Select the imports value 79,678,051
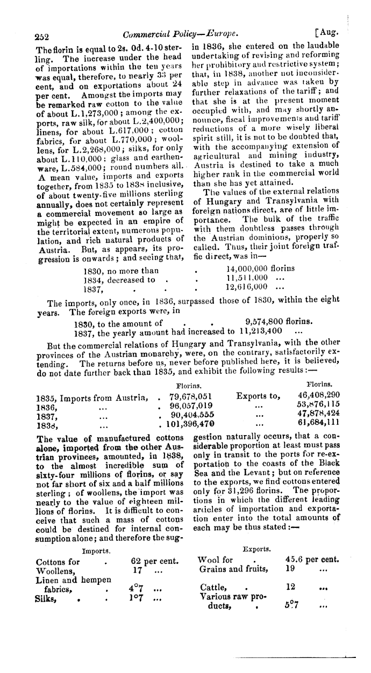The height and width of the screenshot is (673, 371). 192,396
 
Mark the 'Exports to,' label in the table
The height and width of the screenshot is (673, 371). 258,396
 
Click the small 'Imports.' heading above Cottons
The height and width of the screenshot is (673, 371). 97,551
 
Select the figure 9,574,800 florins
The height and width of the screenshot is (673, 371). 277,323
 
